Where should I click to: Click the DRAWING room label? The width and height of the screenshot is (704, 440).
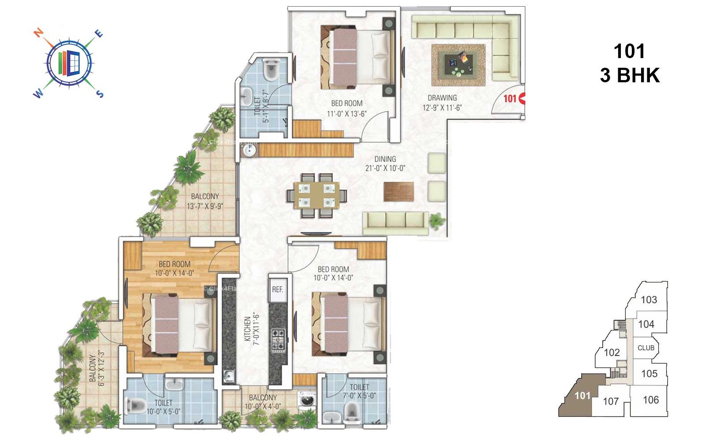(x=442, y=98)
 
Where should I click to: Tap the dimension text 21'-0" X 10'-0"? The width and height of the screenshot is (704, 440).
(x=385, y=168)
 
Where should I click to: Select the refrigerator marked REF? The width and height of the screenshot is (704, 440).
(x=277, y=290)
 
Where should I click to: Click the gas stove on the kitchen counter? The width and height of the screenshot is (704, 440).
(x=279, y=340)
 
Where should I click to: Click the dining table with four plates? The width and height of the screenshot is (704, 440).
(x=316, y=195)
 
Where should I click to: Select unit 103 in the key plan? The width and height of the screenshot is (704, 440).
(x=649, y=300)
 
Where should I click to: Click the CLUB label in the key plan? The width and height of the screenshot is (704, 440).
(x=646, y=348)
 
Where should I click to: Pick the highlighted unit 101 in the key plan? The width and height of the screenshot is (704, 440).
(x=582, y=395)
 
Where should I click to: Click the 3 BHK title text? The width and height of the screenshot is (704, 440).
(x=630, y=76)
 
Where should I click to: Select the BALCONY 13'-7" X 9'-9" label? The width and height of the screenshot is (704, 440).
(x=205, y=201)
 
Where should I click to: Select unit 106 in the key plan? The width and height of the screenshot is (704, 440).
(x=650, y=400)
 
